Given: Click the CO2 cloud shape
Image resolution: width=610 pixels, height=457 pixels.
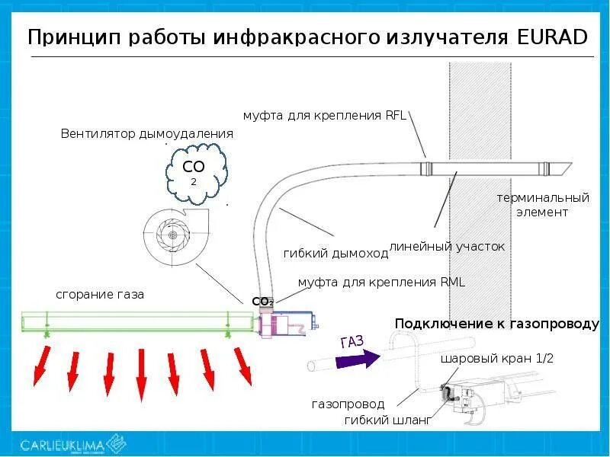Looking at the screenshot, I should click(x=195, y=173).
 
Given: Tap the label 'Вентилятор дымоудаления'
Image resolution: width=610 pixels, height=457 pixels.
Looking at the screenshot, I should click(x=146, y=134).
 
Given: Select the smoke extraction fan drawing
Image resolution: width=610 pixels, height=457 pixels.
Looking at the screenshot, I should click(x=172, y=238).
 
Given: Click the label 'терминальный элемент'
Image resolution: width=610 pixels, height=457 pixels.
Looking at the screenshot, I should click(x=543, y=205).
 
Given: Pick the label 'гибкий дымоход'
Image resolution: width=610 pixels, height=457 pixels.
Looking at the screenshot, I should click(x=335, y=254).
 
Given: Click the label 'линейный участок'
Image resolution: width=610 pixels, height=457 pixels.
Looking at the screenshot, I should click(x=447, y=247).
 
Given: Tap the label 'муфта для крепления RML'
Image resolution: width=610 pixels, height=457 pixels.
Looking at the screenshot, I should click(x=381, y=282).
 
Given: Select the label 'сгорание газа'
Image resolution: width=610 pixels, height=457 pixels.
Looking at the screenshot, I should click(x=100, y=294).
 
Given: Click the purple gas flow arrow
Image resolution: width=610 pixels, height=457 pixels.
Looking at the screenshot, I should click(x=359, y=356).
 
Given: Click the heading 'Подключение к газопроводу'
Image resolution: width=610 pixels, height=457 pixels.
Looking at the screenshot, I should click(x=497, y=324).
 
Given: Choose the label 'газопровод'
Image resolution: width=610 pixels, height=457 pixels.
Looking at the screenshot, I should click(x=348, y=404).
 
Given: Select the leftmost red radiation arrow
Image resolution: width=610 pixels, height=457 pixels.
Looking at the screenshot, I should click(x=41, y=366).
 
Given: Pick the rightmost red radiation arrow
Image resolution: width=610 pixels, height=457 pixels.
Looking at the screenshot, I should click(x=242, y=366).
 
